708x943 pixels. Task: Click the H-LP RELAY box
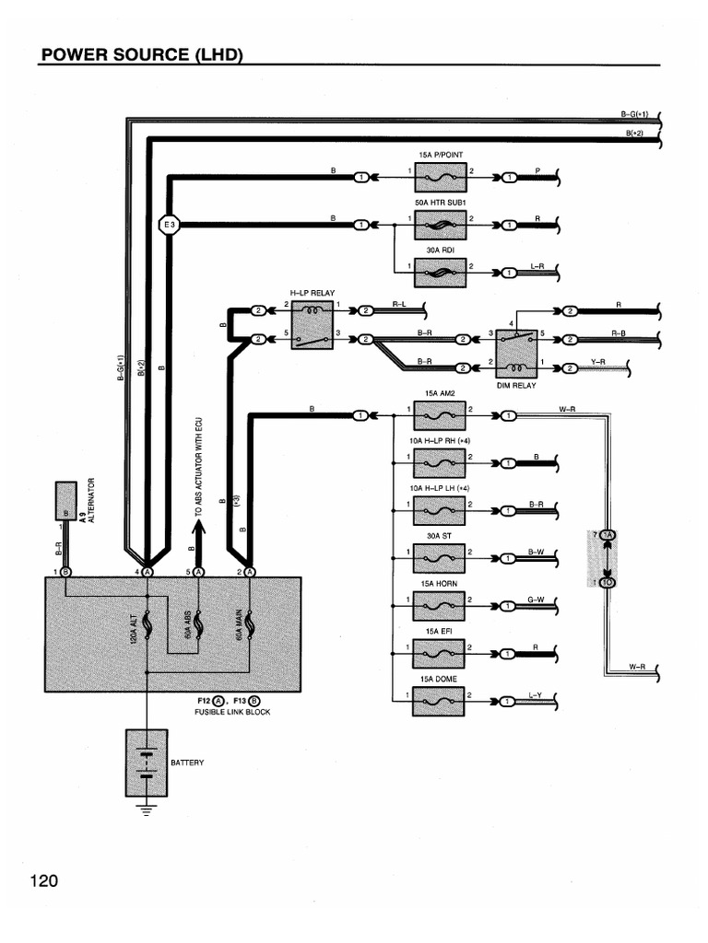tap(313, 325)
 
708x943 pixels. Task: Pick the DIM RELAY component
tap(516, 351)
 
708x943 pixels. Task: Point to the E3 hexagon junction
tap(169, 224)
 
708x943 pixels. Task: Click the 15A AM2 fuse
tap(440, 415)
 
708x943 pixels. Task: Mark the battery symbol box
tap(147, 762)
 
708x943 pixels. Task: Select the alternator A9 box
tap(66, 500)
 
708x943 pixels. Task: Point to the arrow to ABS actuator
tap(197, 532)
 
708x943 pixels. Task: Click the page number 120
tap(43, 881)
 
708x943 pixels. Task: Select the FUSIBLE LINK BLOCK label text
tap(232, 713)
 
